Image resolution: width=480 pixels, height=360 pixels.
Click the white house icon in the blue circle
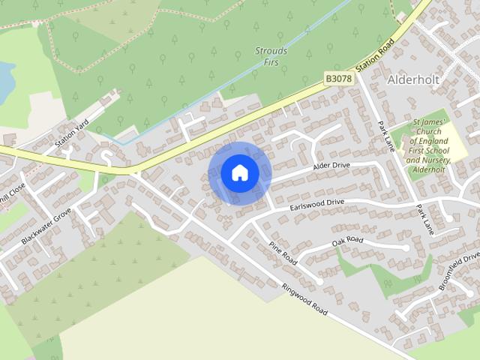point(240,173)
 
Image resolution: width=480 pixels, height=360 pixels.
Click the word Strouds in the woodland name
point(271,52)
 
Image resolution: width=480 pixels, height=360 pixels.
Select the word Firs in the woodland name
point(271,63)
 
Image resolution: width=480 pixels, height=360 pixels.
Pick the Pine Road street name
point(283,252)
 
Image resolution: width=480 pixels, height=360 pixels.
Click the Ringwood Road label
point(305,298)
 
